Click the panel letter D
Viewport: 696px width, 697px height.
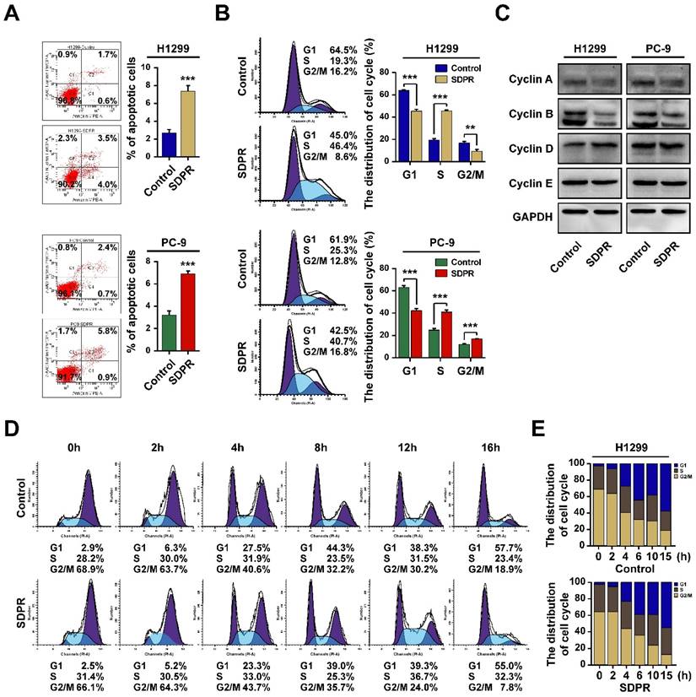pyautogui.click(x=13, y=428)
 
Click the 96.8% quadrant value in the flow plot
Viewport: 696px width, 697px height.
pyautogui.click(x=53, y=100)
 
